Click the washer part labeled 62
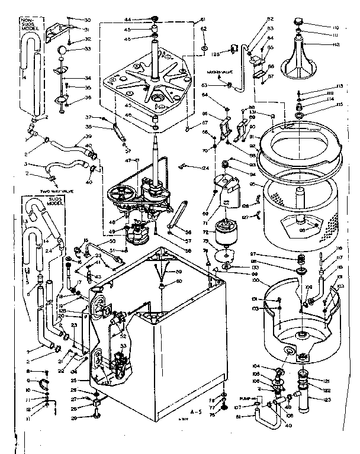204,46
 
